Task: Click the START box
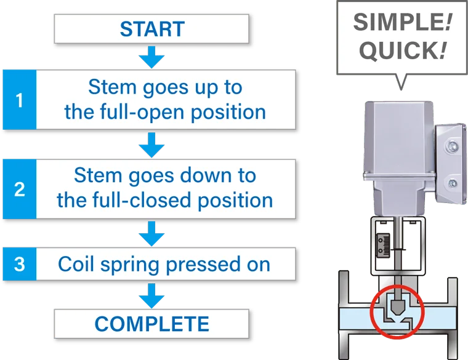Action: (x=151, y=29)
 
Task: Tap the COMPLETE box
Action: (x=151, y=323)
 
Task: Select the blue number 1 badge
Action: (x=19, y=100)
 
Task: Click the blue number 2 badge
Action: (x=19, y=189)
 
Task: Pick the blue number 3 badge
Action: (x=19, y=265)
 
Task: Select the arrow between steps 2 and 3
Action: (x=151, y=234)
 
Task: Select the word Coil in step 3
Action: (x=75, y=264)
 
